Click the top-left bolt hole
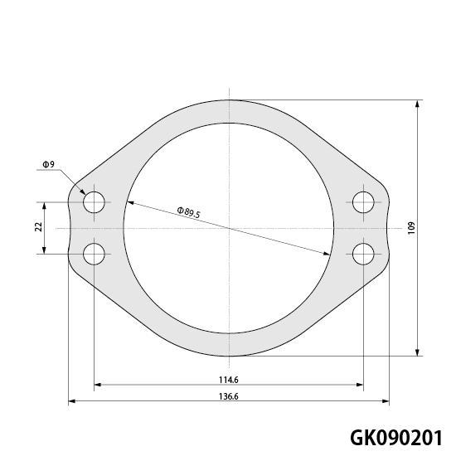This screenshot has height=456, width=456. point(94,202)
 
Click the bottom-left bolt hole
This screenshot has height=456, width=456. point(94,255)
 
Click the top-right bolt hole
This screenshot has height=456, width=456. point(363,202)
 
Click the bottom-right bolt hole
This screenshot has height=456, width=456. point(363,255)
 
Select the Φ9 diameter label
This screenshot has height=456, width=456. point(49,164)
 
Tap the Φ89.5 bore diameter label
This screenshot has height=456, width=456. point(189,212)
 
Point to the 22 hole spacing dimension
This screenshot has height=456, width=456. point(39,226)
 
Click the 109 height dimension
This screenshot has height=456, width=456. point(411,228)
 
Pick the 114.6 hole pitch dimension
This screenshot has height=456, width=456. point(229,380)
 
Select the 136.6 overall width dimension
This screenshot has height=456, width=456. point(229,396)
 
